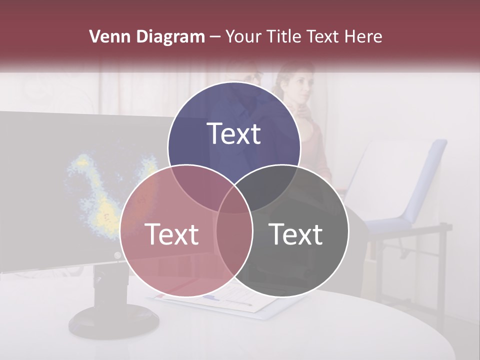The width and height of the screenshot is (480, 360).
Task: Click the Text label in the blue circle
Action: (234, 133)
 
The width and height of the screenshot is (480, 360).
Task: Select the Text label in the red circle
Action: (171, 234)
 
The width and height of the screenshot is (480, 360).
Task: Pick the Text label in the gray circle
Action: (296, 234)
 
